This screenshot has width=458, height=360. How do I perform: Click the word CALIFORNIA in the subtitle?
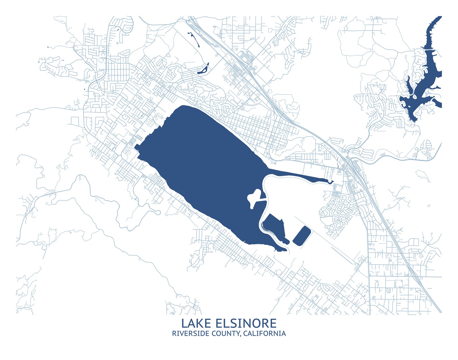pos(264,334)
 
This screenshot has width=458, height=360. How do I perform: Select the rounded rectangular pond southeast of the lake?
pos(302,236)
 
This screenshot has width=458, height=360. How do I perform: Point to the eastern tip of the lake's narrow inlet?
pos(332,182)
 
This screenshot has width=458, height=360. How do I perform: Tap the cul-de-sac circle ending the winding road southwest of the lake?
pos(157,213)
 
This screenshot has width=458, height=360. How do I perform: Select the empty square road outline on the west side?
pos(75,121)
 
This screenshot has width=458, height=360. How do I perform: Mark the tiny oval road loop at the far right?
pos(429,206)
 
